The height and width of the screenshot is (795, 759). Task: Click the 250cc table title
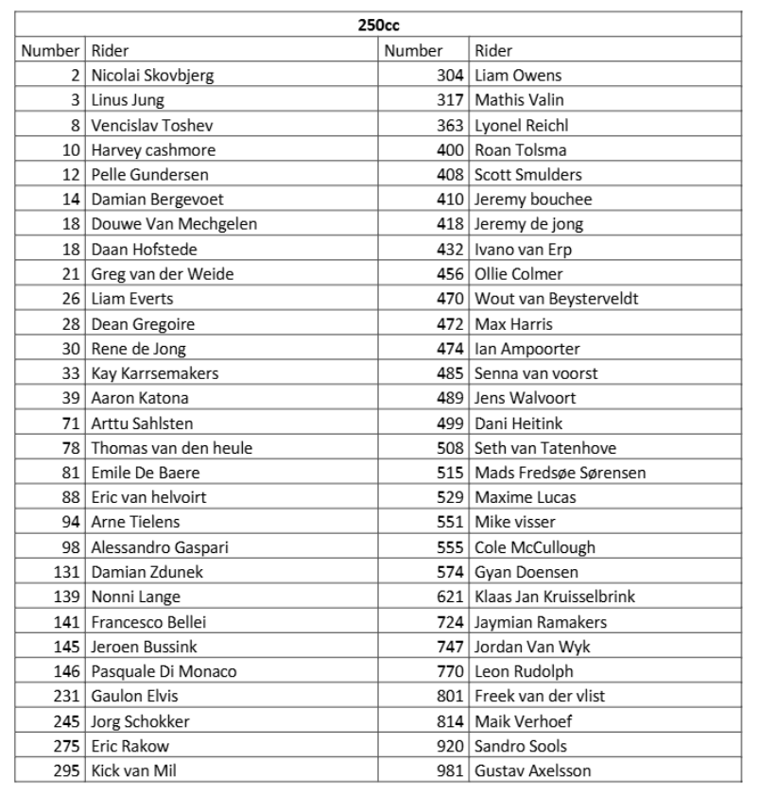click(x=378, y=26)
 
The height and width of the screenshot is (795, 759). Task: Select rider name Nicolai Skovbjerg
click(x=151, y=76)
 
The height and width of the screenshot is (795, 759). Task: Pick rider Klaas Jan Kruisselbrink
click(x=555, y=596)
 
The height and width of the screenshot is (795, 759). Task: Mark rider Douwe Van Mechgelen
click(x=174, y=224)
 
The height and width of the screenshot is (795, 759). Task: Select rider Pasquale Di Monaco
click(x=164, y=671)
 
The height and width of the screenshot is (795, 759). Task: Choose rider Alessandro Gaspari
click(x=160, y=547)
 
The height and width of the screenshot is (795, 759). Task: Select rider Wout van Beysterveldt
click(x=557, y=299)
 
